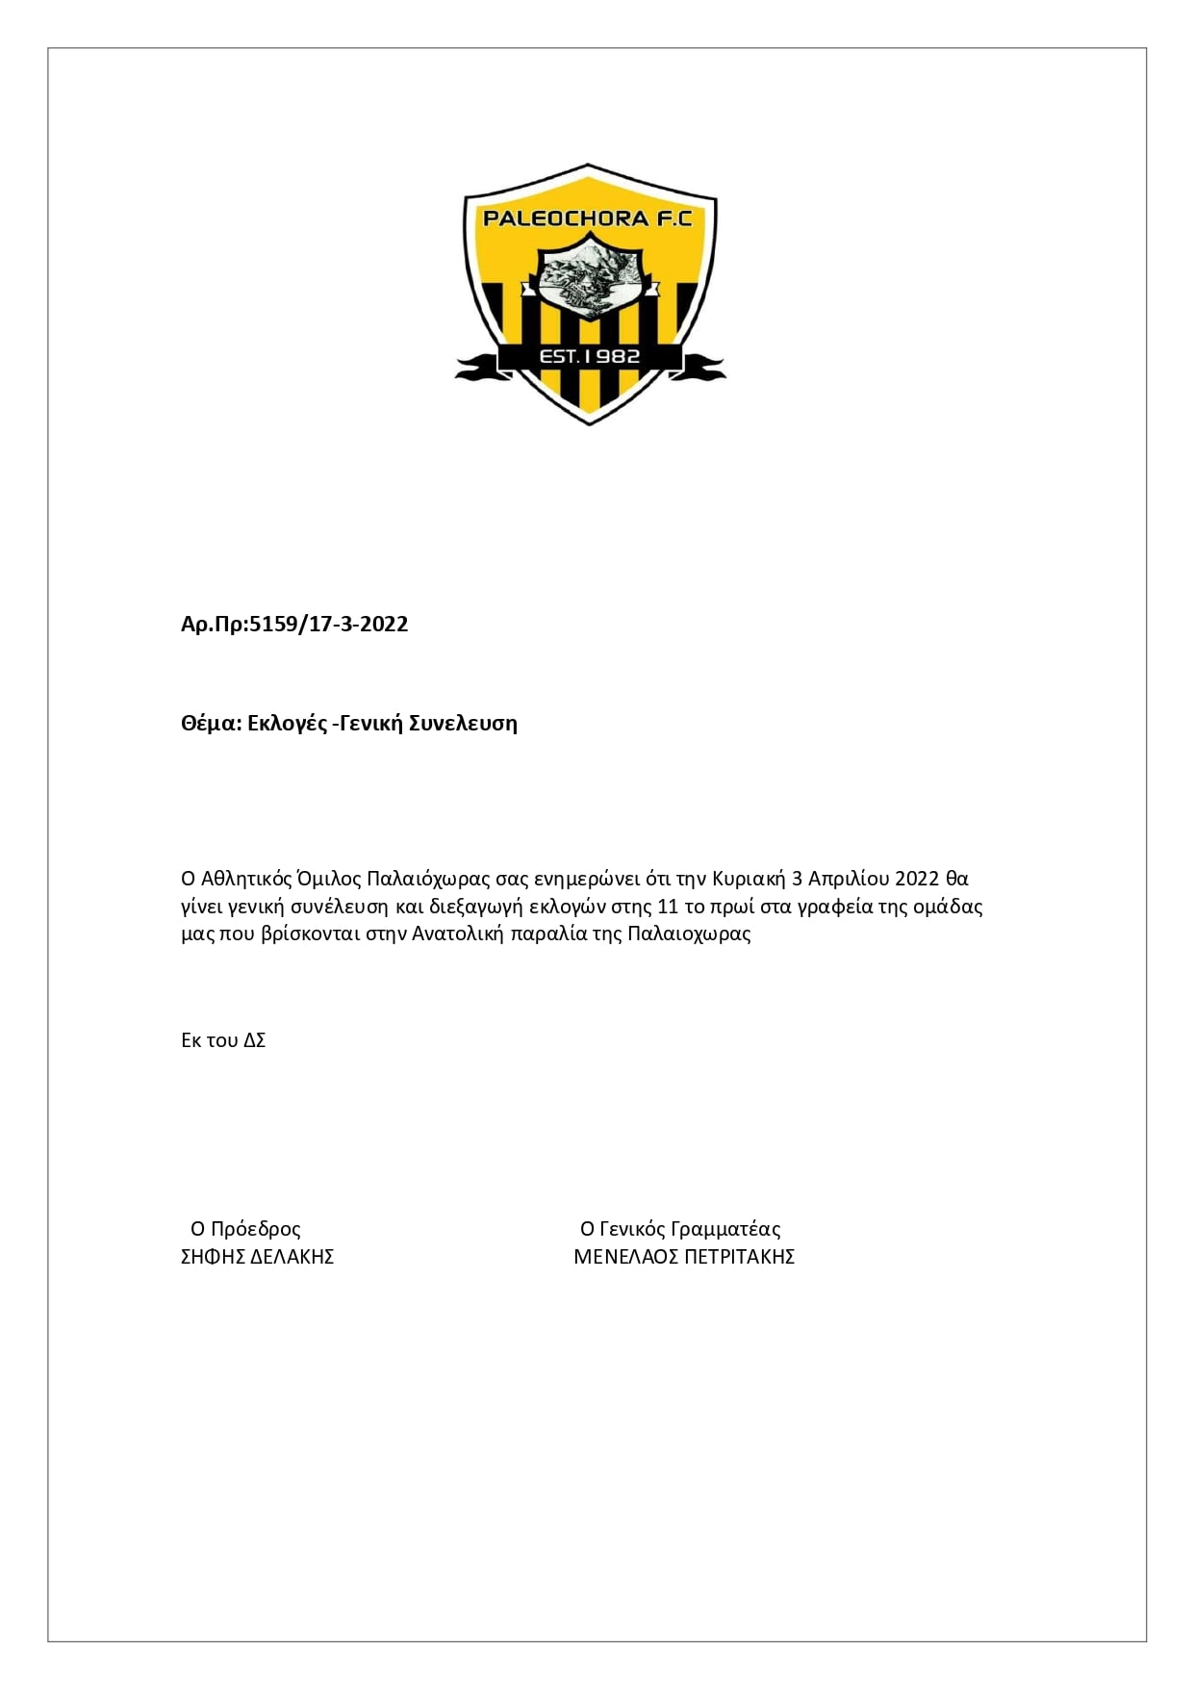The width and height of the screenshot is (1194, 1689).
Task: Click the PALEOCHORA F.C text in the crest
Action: pyautogui.click(x=588, y=218)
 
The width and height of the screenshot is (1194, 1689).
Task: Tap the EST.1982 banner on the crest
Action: pyautogui.click(x=590, y=357)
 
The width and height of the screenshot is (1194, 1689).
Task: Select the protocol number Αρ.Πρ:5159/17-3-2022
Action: pyautogui.click(x=294, y=625)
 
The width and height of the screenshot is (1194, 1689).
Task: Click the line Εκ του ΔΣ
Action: pyautogui.click(x=223, y=1040)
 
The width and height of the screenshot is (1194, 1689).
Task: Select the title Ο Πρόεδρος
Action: pyautogui.click(x=245, y=1229)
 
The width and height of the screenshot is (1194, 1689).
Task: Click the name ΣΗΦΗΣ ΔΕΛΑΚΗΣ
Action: pyautogui.click(x=257, y=1257)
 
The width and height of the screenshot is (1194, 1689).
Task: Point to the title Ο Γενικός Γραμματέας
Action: pyautogui.click(x=680, y=1229)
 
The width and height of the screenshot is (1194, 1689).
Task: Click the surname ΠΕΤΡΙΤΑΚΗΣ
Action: pyautogui.click(x=739, y=1257)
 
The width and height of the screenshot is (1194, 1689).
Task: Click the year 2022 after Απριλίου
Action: pyautogui.click(x=917, y=879)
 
